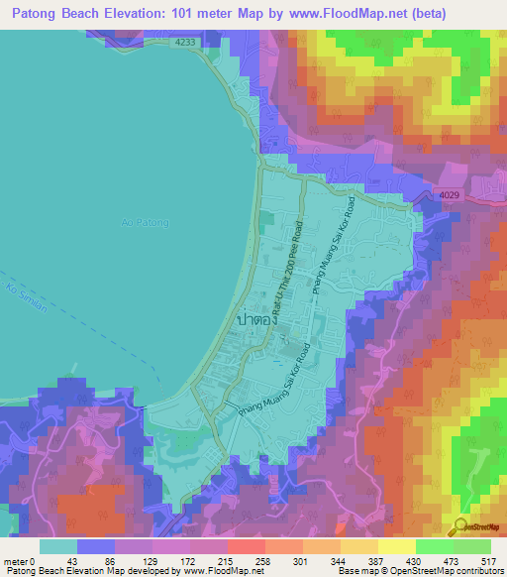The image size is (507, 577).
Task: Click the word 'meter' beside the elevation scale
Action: pyautogui.click(x=16, y=561)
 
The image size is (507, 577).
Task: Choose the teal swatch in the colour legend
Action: pyautogui.click(x=57, y=546)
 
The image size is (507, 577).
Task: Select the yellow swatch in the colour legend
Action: pyautogui.click(x=396, y=546)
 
